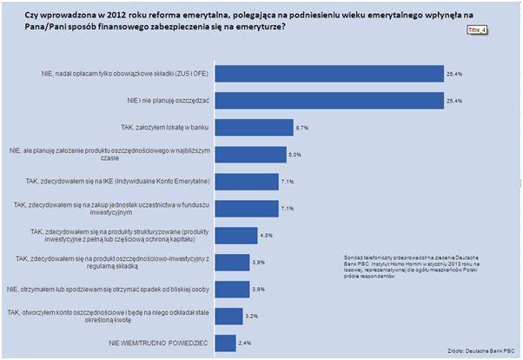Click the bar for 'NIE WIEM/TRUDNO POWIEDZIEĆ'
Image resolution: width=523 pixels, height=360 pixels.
coord(226,343)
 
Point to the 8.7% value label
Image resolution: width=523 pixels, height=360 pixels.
coord(303,128)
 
